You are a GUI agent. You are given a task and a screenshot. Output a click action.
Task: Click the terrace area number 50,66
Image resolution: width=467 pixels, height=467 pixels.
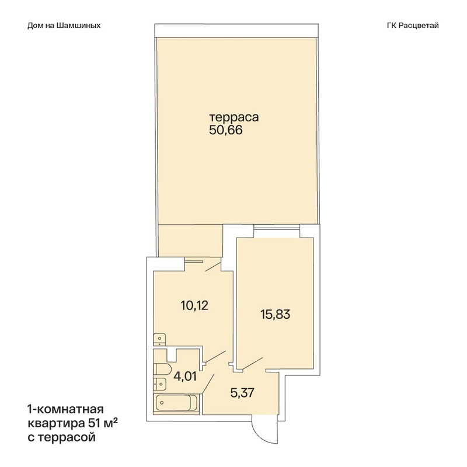[226, 130]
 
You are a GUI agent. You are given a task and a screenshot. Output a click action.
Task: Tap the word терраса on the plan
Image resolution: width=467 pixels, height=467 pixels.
[234, 117]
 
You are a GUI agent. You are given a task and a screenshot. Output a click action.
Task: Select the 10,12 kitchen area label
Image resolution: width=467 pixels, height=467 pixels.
[194, 305]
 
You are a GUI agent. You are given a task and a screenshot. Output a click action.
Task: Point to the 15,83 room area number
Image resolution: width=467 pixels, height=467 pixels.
[275, 315]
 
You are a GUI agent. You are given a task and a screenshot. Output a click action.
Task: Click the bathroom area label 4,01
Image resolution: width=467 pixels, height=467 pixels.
[185, 377]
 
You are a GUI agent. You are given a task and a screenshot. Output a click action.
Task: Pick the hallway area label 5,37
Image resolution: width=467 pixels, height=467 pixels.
[242, 393]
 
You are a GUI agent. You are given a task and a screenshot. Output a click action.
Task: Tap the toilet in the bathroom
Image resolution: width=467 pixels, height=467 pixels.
[162, 370]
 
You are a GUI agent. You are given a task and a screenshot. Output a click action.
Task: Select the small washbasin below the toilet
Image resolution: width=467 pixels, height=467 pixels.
[159, 384]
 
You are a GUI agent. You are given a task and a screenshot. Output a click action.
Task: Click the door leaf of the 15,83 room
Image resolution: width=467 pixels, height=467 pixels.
[252, 363]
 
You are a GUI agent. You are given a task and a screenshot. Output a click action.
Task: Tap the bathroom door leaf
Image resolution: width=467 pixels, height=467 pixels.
[208, 384]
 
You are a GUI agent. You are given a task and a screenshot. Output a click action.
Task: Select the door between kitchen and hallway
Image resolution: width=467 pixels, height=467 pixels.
[215, 357]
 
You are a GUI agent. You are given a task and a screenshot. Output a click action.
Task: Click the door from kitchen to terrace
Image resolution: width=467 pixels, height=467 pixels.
[213, 267]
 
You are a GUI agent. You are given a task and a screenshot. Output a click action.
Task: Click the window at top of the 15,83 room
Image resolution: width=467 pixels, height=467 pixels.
[277, 228]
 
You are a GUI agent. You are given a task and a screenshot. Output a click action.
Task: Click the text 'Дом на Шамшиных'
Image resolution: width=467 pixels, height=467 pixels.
[64, 26]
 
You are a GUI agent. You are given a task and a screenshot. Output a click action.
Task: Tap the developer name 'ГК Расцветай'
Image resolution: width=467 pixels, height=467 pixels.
[413, 26]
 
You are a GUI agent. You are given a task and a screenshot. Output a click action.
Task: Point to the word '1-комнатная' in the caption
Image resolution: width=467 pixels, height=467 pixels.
[65, 410]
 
